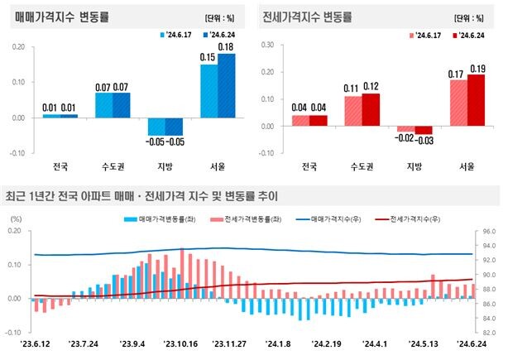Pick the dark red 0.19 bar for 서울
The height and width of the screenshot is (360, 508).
[x=476, y=100]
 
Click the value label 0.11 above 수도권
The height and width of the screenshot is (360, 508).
[x=352, y=88]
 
